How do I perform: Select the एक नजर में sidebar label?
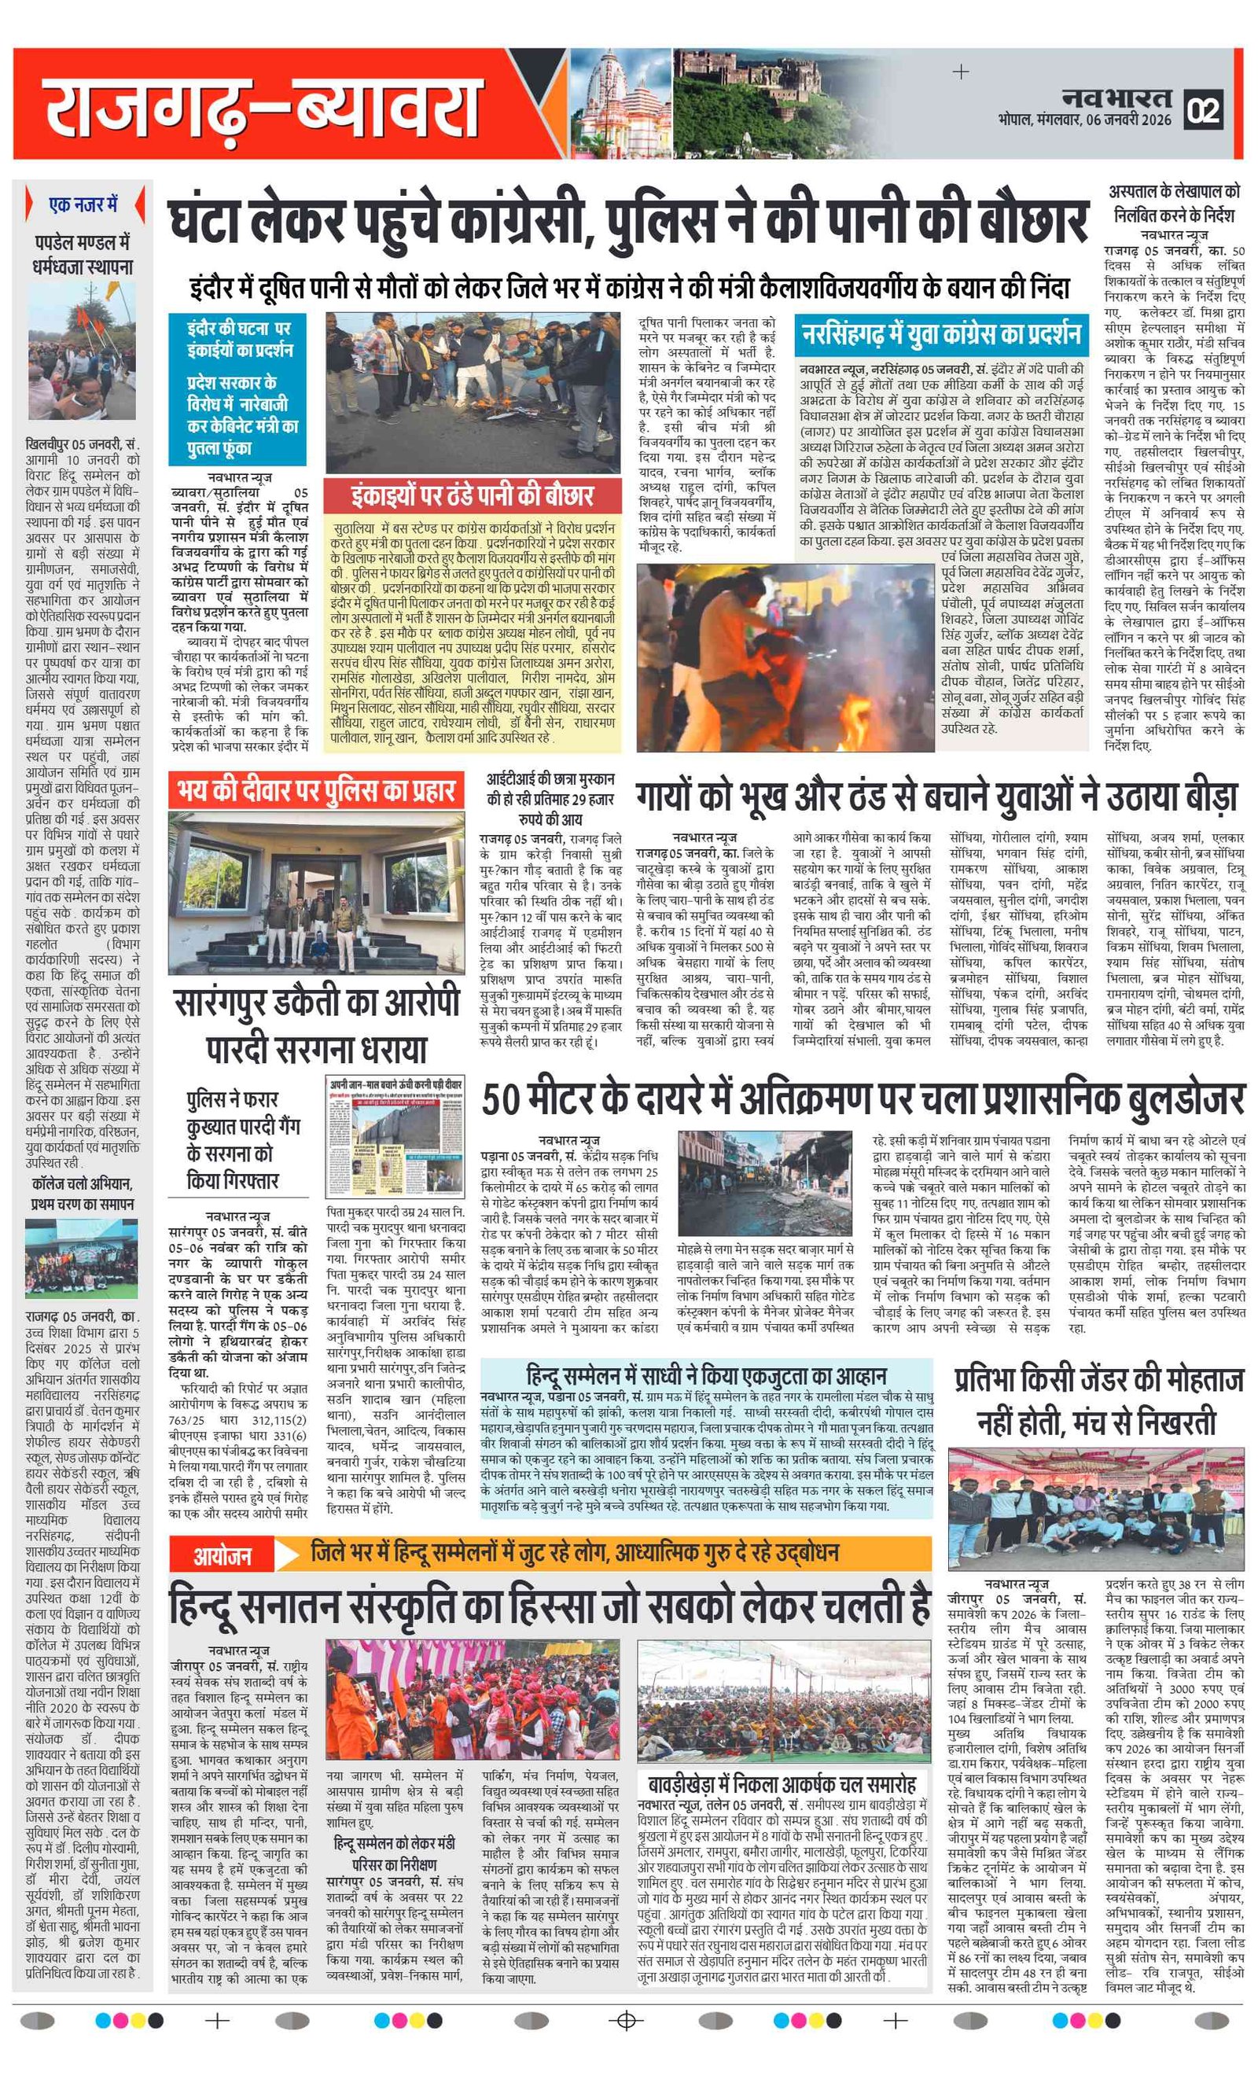coord(83,205)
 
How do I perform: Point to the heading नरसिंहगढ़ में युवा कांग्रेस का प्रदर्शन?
coord(940,334)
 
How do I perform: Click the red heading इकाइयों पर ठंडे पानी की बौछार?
coord(473,495)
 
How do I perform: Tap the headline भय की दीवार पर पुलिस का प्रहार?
coord(315,790)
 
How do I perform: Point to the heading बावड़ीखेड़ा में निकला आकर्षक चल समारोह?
coord(782,1783)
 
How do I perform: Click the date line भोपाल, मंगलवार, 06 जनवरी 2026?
coord(1084,120)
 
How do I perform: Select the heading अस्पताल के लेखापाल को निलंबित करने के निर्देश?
coord(1174,203)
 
